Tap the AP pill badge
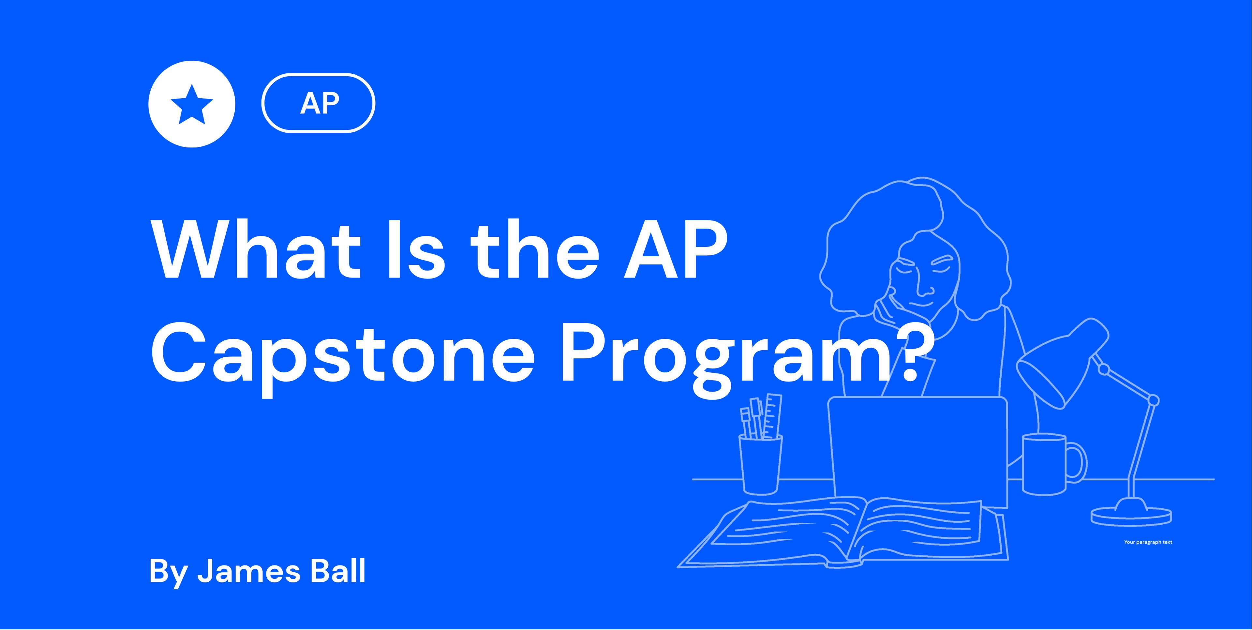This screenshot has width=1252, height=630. coord(318,103)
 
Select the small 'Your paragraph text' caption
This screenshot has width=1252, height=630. coord(1148,542)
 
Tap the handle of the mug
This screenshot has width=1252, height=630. coord(1077,461)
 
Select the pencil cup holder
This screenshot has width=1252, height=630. coord(761,464)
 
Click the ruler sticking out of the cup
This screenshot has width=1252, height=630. coord(772,416)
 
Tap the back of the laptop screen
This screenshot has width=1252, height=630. coord(917,450)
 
